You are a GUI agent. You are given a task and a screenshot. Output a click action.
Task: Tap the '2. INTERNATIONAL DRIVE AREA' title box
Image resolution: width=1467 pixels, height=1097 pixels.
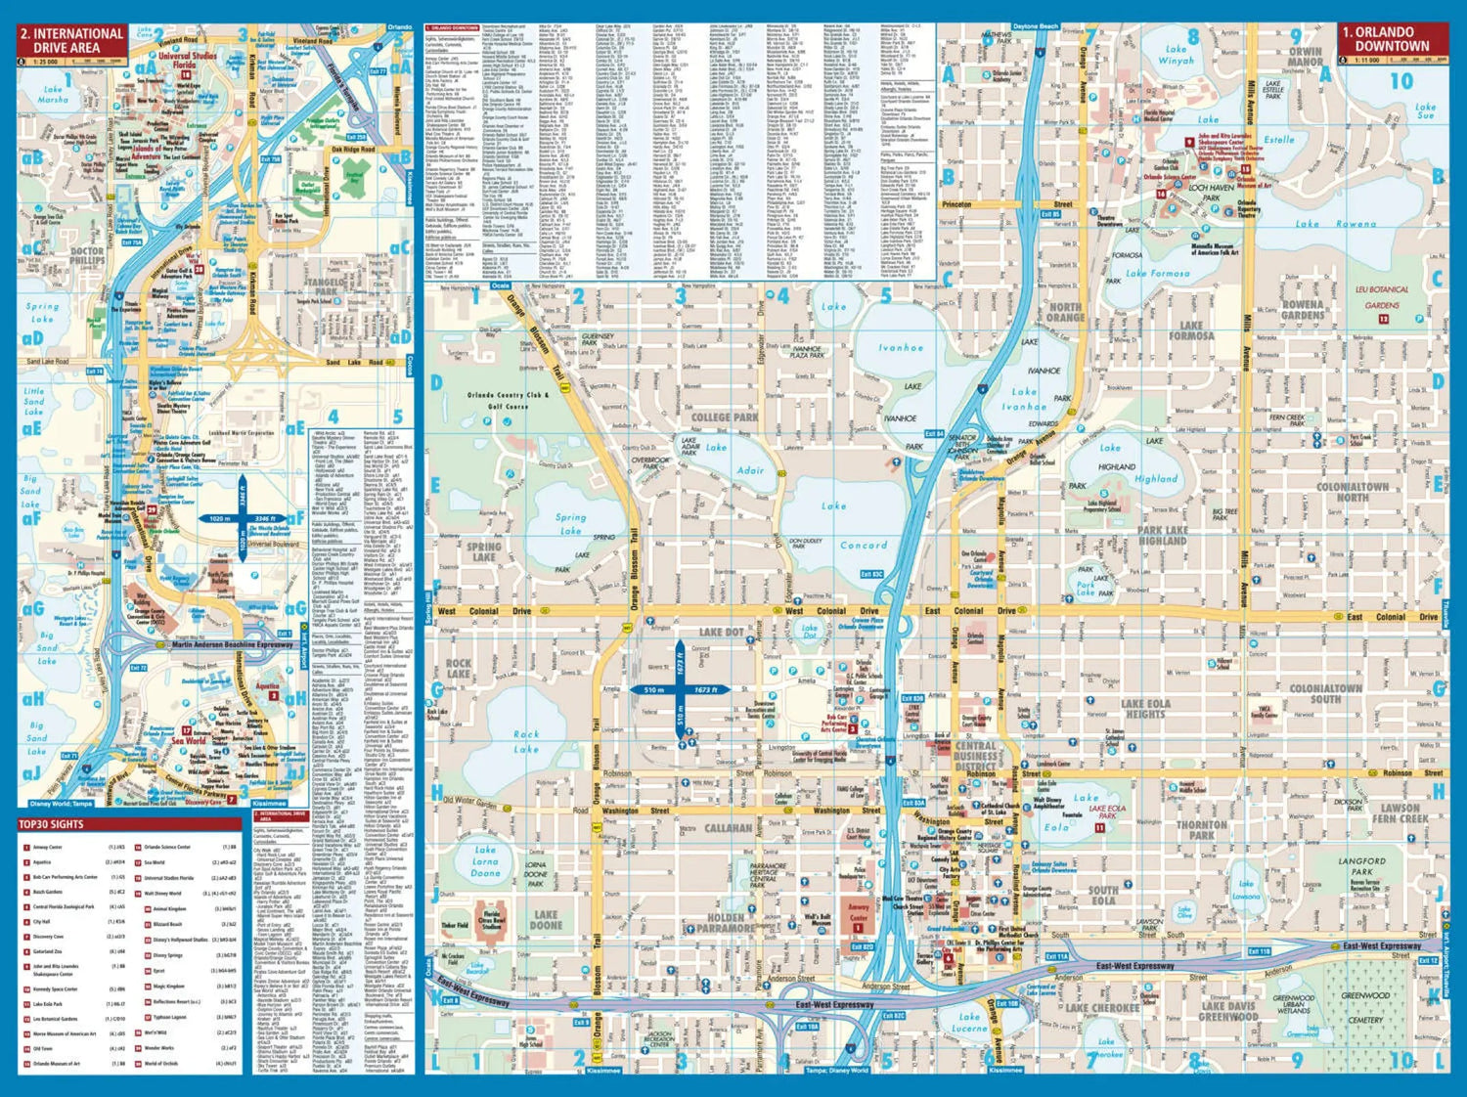tap(72, 40)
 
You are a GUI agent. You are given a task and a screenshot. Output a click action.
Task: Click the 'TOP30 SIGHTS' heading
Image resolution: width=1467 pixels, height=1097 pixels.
tap(53, 824)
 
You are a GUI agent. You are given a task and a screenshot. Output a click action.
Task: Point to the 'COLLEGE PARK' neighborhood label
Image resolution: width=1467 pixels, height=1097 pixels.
tap(725, 417)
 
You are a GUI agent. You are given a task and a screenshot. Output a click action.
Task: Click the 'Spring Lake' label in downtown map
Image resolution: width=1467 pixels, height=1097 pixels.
tap(570, 524)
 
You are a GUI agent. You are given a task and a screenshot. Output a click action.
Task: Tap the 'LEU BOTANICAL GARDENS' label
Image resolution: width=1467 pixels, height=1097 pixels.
tap(1382, 297)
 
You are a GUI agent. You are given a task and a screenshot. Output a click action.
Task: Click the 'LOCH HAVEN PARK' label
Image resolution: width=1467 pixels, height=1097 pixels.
tap(1211, 192)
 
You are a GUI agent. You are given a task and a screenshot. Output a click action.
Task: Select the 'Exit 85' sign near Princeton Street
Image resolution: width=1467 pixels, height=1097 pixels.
tap(1049, 214)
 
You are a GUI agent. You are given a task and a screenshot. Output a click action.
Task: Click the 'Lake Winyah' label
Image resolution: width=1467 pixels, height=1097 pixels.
tap(1176, 55)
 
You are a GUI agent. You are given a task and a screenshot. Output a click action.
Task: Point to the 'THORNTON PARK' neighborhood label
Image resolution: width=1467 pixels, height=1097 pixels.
tap(1201, 830)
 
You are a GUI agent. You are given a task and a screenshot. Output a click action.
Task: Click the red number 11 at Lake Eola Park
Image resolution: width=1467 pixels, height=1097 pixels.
tap(1100, 828)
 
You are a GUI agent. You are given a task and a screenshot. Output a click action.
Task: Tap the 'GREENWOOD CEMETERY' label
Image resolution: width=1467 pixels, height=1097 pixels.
tap(1365, 1007)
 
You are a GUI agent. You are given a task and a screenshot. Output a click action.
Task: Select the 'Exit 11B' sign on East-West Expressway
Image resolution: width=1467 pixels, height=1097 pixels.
tap(1259, 951)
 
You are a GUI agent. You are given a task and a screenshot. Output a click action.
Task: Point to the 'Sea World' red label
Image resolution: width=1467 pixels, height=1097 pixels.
tap(189, 740)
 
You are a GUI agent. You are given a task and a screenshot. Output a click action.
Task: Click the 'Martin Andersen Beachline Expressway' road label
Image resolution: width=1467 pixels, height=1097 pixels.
tap(232, 645)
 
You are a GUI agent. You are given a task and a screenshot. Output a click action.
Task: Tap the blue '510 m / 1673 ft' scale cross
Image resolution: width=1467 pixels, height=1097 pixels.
tap(681, 689)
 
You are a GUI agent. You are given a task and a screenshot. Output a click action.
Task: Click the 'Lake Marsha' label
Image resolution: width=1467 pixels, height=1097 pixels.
tap(53, 95)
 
